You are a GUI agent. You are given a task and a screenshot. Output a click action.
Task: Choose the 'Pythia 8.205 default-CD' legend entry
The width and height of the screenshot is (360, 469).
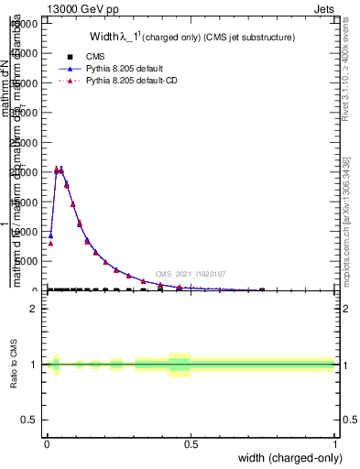point(133,81)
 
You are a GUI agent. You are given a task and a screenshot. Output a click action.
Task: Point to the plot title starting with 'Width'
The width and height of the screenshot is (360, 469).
point(191,38)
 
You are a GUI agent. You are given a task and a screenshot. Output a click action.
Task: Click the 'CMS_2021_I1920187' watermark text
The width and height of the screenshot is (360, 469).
point(190,274)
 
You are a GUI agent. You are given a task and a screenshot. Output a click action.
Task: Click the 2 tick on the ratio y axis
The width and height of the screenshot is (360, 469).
point(34,309)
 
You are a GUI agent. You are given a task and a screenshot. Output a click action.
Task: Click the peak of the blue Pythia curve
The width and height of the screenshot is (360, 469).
point(60,169)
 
